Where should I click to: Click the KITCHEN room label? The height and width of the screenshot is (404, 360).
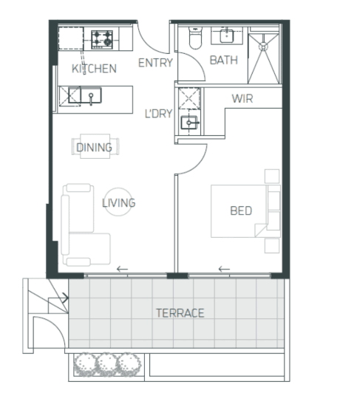coord(94,69)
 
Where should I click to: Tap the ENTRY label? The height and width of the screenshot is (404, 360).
coord(155,63)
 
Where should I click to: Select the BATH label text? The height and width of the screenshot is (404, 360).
coord(223,61)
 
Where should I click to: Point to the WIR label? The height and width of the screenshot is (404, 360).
coord(242,99)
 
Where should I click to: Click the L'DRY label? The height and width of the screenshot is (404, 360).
coord(158,114)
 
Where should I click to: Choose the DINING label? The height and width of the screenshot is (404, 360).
coord(94,148)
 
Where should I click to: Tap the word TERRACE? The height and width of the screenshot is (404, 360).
coord(180,313)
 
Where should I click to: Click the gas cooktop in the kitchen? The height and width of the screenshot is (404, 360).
coord(102,40)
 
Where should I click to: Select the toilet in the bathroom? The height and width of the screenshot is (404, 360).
coord(195,38)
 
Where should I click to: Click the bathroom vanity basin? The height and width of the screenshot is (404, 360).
coord(227,35)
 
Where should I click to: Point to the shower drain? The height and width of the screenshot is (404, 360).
coord(263,47)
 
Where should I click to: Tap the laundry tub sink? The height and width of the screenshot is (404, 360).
coord(189,123)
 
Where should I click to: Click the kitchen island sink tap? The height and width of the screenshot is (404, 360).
coord(91,99)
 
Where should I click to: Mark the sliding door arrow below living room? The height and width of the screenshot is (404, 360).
coord(122,270)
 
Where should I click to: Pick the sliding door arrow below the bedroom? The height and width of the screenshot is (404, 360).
coord(224,270)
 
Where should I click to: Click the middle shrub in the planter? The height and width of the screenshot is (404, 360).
coord(107,365)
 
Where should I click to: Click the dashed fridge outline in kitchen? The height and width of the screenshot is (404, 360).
coord(71,38)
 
